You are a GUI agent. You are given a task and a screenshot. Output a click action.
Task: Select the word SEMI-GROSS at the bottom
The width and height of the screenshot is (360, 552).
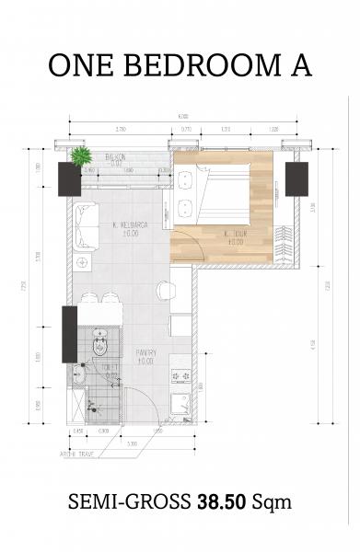[x=128, y=502]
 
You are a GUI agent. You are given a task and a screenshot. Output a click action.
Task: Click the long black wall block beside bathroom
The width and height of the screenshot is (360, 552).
[x=69, y=334]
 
